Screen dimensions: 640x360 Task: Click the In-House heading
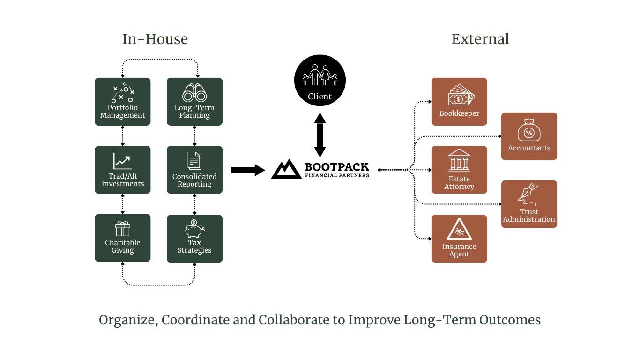[x=155, y=39]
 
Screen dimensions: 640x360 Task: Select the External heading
[x=480, y=39]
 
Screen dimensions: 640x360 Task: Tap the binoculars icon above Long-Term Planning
[x=194, y=93]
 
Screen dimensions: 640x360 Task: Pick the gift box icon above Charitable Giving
[x=123, y=228]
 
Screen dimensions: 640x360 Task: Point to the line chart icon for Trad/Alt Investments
[x=123, y=161]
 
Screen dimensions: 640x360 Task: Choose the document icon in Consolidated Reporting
[x=194, y=161]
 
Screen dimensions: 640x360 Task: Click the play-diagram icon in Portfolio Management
[x=123, y=93]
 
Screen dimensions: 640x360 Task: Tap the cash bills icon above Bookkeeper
[x=461, y=95]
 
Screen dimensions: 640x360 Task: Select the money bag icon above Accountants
[x=529, y=130]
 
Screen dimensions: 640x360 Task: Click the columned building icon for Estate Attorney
[x=459, y=160]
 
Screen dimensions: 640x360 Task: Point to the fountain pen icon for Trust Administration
[x=528, y=194]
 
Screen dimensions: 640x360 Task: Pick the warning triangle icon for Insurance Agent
[x=459, y=229]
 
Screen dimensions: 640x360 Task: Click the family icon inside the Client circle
[x=320, y=75]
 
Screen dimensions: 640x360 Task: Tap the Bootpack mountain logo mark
[x=286, y=169]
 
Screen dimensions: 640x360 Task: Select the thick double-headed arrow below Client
[x=320, y=135]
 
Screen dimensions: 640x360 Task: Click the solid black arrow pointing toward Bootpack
[x=248, y=170]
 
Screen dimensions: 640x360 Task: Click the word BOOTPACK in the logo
[x=337, y=167]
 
